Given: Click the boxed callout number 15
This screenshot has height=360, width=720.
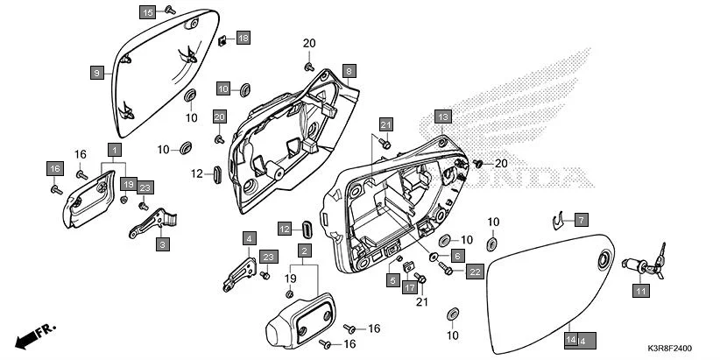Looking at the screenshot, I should point(147,12).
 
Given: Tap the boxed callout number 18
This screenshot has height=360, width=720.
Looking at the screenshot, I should point(243,38).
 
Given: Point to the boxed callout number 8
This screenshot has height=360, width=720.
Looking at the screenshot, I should point(348,70).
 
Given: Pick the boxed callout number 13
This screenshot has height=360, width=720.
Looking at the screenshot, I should point(442,116).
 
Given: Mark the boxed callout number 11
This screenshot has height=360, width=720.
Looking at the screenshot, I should point(640,291).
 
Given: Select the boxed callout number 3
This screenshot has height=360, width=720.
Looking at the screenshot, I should point(162,245).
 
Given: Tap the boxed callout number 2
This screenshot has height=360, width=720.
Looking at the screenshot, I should point(304,251).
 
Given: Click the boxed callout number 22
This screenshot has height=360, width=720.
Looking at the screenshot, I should point(474,272).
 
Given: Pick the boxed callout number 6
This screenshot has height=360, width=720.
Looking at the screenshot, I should point(456,256).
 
